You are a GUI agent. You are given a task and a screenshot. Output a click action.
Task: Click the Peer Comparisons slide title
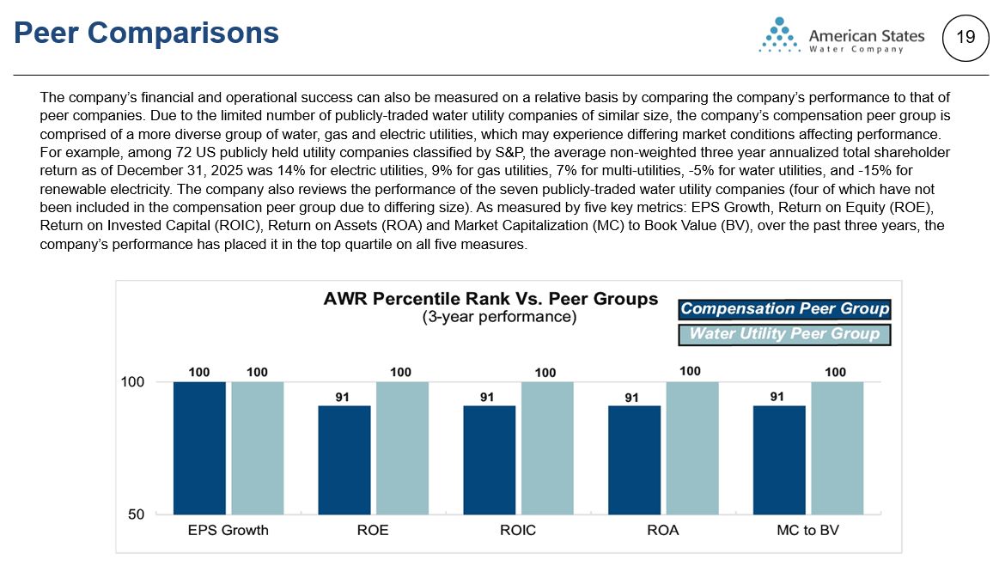coord(147,33)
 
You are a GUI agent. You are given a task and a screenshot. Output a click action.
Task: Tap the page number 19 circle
coord(965,37)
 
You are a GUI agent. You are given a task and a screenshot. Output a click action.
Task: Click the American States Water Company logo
coord(842,37)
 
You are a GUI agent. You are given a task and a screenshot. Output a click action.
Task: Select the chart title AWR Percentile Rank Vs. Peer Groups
coord(490,299)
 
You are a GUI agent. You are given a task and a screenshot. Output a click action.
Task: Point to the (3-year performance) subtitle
coord(499,316)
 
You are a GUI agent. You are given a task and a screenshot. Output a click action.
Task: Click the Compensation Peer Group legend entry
coord(784,309)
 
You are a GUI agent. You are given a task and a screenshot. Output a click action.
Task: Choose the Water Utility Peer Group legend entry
coord(784,334)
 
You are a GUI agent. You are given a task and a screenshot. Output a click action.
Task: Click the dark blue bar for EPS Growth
coord(199,447)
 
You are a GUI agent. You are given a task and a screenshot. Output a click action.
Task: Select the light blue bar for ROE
coord(402,447)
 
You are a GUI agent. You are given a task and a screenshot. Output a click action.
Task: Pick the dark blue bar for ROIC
coord(489,459)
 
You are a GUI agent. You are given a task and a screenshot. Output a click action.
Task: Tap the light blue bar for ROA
coord(692,447)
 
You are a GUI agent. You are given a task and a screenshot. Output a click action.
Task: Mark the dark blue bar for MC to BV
coord(779,459)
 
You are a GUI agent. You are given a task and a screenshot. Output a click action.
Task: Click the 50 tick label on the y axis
coord(137,514)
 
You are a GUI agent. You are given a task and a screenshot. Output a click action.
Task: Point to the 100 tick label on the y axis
coord(132,382)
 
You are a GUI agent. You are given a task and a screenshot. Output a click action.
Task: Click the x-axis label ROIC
coord(518,530)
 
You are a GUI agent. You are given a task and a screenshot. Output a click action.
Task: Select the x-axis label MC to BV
coord(807,530)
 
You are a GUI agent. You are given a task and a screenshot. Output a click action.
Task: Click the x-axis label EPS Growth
coord(228,530)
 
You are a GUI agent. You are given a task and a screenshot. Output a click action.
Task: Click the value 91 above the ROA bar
coord(632,397)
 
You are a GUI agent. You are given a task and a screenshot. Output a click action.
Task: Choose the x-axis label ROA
coord(663,530)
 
